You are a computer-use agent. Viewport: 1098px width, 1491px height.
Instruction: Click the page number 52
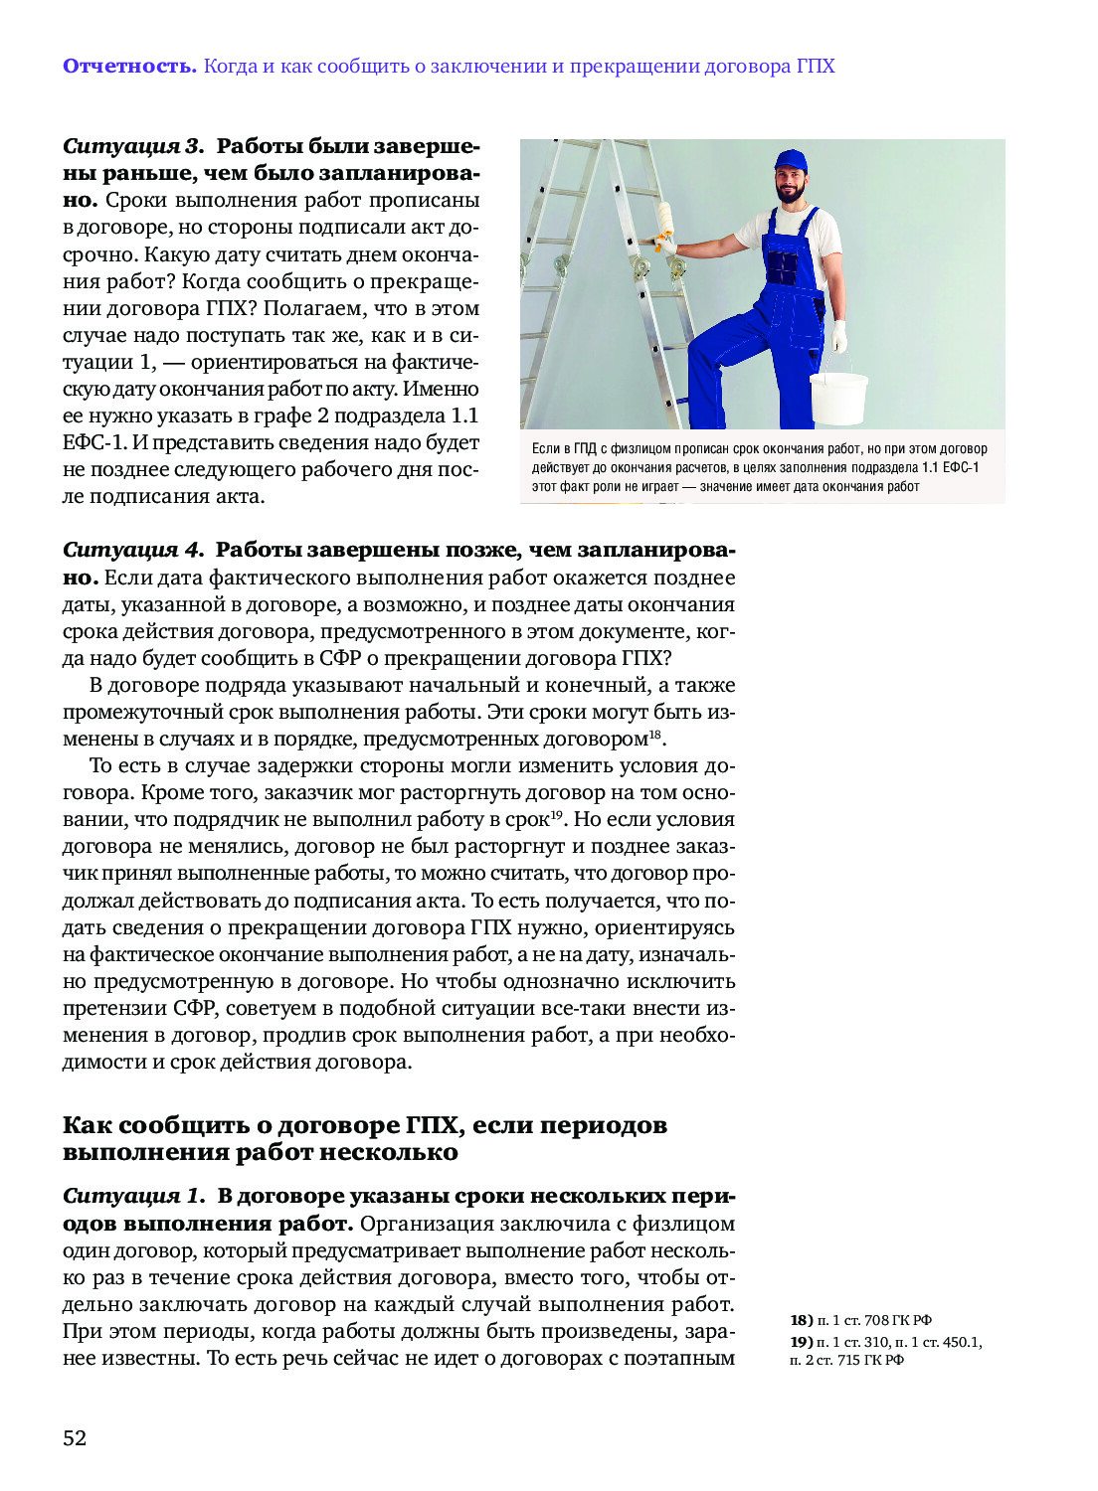75,1438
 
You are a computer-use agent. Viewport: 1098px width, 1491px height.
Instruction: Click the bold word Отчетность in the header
129,67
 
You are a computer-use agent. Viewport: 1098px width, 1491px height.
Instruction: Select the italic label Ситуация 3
133,146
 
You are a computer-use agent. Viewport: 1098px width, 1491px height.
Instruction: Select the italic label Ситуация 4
133,550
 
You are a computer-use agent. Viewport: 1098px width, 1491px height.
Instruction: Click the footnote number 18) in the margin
802,1320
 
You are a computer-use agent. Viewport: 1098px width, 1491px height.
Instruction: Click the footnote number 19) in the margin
802,1342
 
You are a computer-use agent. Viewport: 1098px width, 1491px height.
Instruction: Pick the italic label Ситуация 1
133,1196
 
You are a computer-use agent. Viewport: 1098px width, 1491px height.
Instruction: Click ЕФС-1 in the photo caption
961,467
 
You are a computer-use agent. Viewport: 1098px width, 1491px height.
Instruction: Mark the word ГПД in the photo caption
585,448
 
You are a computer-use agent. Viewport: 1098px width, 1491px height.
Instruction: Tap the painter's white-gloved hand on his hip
838,336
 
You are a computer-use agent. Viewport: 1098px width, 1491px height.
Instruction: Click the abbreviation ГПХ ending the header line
816,67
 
